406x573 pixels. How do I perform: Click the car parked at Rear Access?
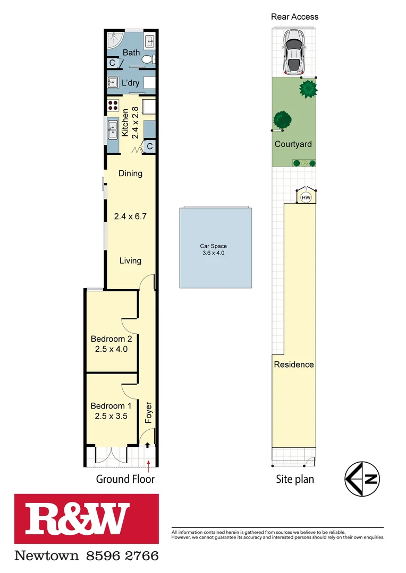coord(293,51)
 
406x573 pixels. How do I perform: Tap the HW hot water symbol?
coord(306,197)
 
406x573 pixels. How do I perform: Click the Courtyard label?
coord(293,144)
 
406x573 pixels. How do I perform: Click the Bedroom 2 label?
coord(111,339)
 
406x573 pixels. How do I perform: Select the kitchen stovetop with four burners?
coord(113,105)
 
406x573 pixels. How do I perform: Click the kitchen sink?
coord(113,129)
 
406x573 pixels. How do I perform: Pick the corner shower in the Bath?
coord(114,40)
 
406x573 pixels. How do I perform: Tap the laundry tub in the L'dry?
coord(113,83)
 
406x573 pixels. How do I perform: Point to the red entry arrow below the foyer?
coord(149,465)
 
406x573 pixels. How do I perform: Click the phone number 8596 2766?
coord(122,555)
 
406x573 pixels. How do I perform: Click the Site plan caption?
coord(295,479)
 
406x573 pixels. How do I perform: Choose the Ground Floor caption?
coord(125,479)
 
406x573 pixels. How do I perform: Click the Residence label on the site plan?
coord(294,364)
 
